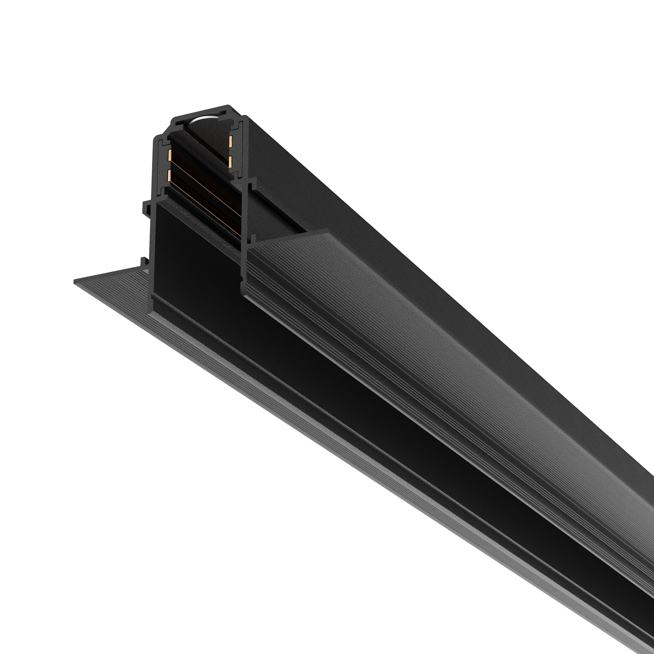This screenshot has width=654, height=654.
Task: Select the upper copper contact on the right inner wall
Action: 230,141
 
